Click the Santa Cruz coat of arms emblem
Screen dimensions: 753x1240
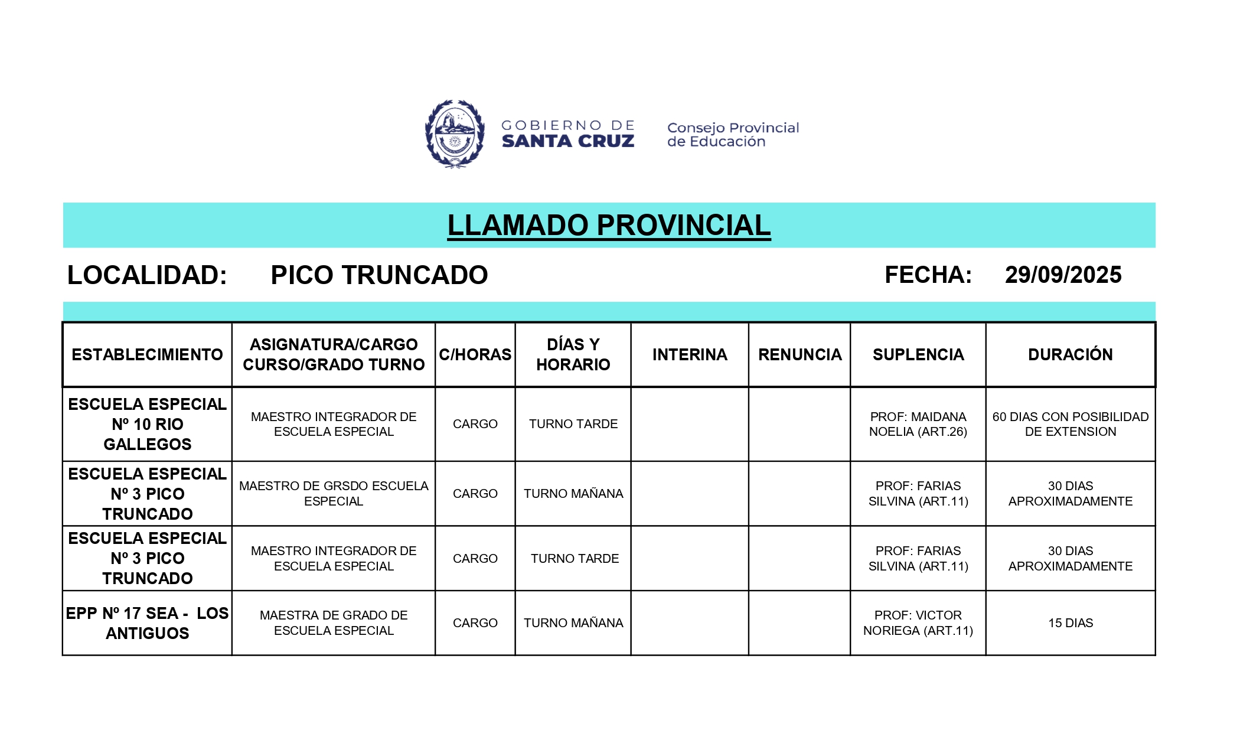click(x=455, y=134)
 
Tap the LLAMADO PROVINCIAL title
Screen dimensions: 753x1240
click(x=609, y=226)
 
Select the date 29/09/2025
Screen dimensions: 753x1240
click(x=1063, y=275)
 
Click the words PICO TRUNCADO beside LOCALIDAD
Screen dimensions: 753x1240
click(x=379, y=275)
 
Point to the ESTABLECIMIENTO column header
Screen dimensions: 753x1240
click(x=148, y=354)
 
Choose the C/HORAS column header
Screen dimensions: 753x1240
click(x=475, y=354)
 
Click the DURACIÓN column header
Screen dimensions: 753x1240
click(x=1070, y=354)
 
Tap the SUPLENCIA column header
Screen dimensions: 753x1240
click(x=918, y=354)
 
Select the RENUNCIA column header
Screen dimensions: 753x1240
click(x=800, y=354)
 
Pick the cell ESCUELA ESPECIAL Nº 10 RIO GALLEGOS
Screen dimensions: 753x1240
click(x=148, y=424)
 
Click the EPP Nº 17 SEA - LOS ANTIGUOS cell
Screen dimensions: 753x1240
click(x=148, y=623)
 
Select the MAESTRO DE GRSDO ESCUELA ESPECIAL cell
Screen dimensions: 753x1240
click(x=334, y=493)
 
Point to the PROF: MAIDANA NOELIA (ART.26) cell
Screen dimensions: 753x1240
click(x=918, y=424)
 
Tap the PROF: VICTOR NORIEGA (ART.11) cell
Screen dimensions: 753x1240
click(x=918, y=623)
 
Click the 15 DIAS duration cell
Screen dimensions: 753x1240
click(x=1070, y=623)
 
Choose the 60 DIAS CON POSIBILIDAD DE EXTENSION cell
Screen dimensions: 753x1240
click(x=1070, y=424)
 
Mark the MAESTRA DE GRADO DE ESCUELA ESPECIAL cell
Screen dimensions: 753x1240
click(x=334, y=623)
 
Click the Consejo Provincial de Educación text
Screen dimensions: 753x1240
click(x=732, y=135)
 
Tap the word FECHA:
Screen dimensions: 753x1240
click(x=928, y=275)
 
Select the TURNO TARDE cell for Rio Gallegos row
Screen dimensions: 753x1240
click(x=573, y=424)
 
